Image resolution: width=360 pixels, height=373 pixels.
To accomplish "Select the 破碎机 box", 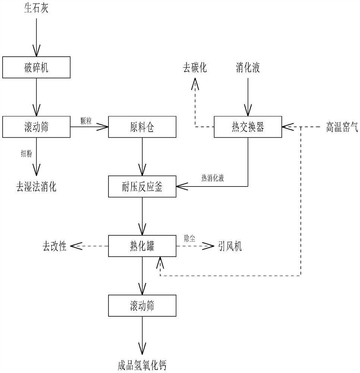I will pos(36,68).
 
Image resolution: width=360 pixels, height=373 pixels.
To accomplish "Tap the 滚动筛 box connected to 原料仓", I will pos(36,127).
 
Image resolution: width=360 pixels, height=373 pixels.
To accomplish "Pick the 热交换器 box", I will pos(248,127).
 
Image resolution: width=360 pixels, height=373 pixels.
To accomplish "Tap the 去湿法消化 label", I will pos(36,186).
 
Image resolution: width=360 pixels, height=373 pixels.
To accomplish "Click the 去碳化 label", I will pos(195,68).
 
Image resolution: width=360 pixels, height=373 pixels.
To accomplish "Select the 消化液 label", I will pos(247,68).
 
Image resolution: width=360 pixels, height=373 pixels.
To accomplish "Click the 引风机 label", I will pos(230,247).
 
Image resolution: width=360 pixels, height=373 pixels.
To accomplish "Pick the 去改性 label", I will pos(54,247).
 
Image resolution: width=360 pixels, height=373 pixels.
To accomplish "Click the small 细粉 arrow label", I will pos(26,153).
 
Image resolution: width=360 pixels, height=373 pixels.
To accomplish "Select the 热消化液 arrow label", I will pos(212,178).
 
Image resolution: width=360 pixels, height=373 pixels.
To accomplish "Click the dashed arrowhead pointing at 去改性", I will pos(76,246).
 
